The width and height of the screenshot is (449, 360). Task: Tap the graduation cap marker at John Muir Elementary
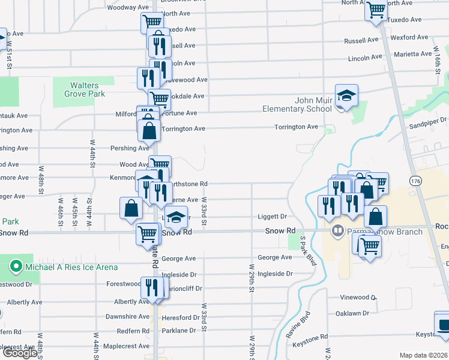point(346,96)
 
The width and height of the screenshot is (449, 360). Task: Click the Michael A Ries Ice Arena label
point(71,267)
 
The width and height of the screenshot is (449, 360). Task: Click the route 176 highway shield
point(415,180)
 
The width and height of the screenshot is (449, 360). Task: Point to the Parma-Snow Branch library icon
point(338,231)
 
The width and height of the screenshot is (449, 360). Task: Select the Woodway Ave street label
point(128,8)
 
